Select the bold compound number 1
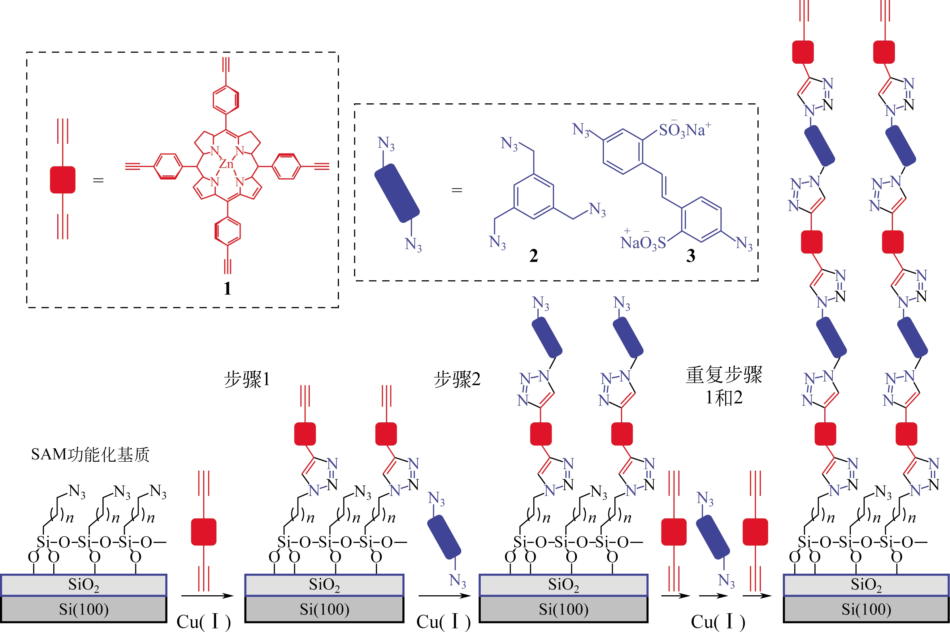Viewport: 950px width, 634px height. tap(227, 288)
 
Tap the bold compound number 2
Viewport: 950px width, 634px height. tap(533, 256)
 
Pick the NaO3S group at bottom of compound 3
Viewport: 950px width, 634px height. tap(643, 243)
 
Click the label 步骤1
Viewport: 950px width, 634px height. tap(247, 379)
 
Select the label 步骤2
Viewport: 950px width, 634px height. tap(457, 379)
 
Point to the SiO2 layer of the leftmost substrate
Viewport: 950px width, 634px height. tap(84, 585)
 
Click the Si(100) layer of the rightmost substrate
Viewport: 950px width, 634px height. tap(866, 609)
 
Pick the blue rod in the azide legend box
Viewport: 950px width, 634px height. tap(397, 193)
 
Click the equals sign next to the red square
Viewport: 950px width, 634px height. tap(98, 180)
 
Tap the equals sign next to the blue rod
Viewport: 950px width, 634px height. tap(457, 190)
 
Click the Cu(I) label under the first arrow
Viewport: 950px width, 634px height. tap(203, 621)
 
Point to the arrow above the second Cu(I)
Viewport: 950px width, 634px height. tap(445, 596)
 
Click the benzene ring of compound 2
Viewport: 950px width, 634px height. tap(533, 196)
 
